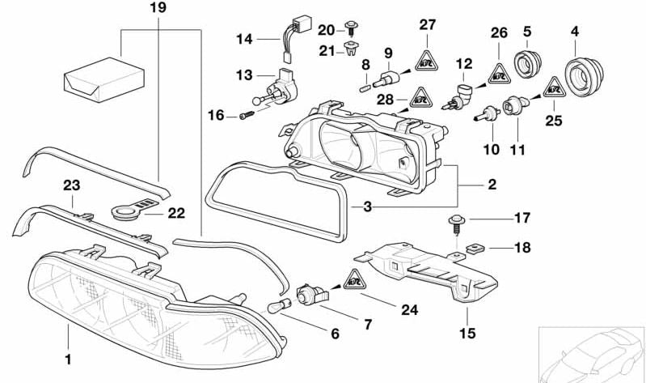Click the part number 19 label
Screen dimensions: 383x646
(158, 9)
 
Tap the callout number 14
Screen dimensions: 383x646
(244, 38)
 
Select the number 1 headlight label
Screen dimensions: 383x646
(69, 357)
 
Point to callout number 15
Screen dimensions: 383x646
(468, 331)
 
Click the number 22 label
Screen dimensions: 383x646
(177, 214)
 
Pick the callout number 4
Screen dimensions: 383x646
(575, 32)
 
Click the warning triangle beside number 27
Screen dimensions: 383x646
(427, 58)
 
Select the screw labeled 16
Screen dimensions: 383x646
(246, 117)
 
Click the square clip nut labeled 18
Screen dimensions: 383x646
(475, 248)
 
